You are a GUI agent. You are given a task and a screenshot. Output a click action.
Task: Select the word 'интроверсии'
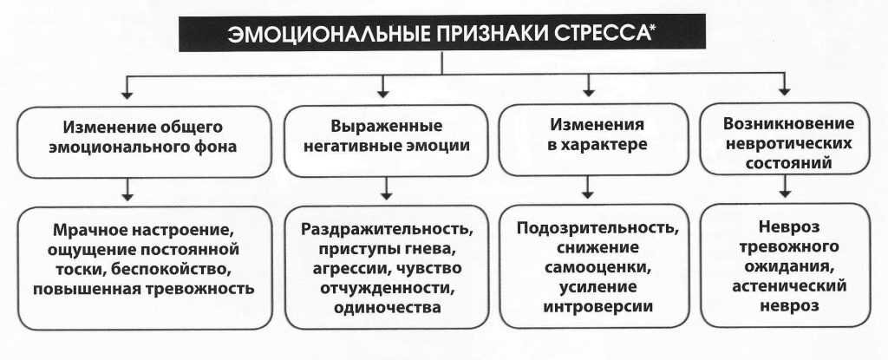[597, 306]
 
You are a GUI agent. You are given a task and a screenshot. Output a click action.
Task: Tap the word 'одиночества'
[388, 306]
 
